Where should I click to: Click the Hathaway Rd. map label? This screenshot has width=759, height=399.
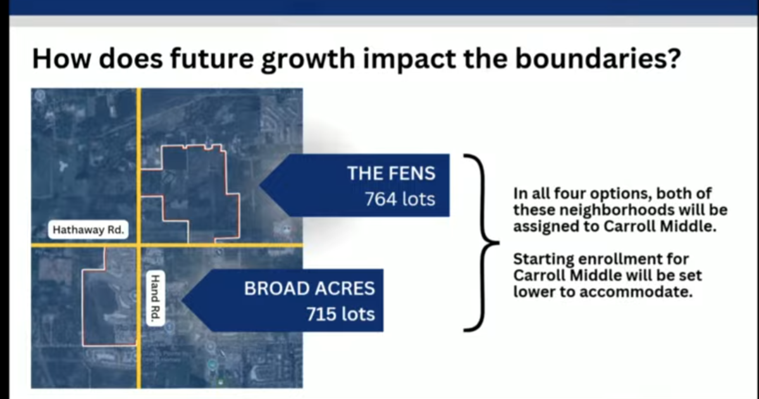(x=88, y=230)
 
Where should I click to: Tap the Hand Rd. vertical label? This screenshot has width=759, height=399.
(x=155, y=298)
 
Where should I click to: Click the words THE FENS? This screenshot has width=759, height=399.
(x=392, y=173)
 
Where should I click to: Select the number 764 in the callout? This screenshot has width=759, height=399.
(x=381, y=199)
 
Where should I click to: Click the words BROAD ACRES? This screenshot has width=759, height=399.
(x=309, y=288)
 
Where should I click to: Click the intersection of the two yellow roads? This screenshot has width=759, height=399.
(x=139, y=244)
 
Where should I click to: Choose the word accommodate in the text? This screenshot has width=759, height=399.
(x=636, y=292)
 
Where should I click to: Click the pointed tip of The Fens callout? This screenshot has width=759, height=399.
(x=260, y=185)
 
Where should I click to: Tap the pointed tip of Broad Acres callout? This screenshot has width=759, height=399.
(x=182, y=300)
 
